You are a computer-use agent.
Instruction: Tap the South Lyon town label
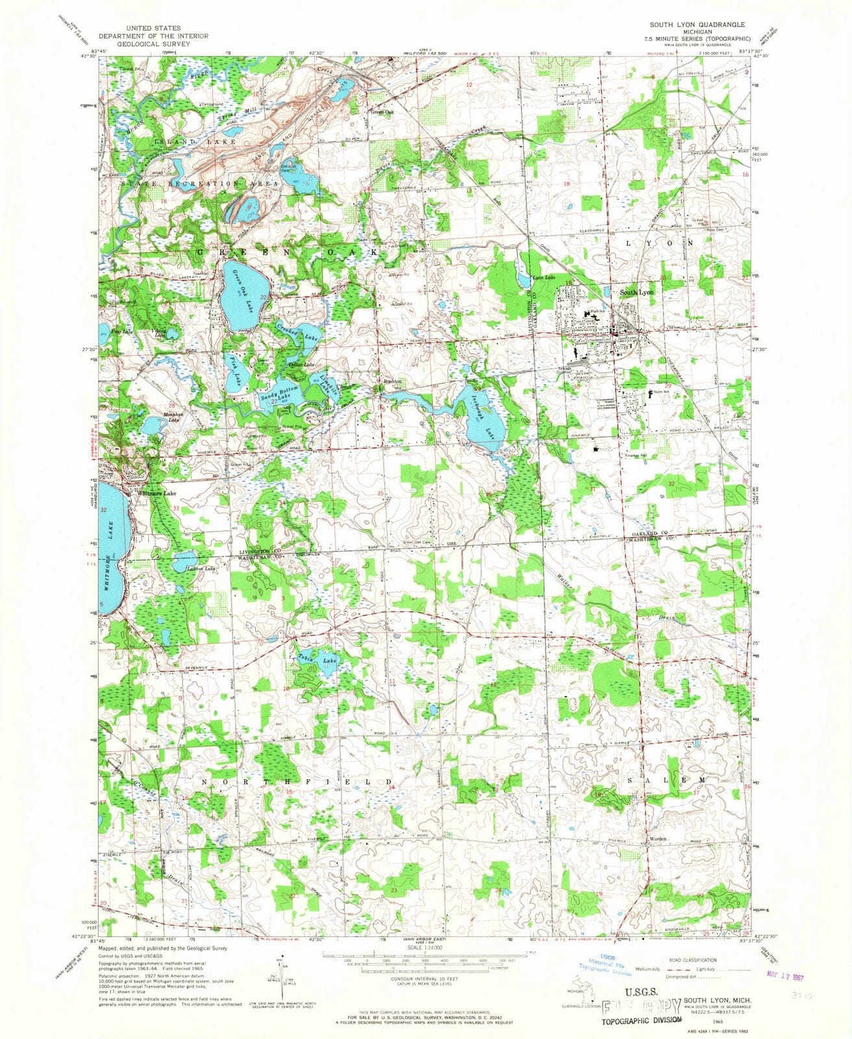tap(636, 293)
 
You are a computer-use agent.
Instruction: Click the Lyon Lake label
tap(544, 278)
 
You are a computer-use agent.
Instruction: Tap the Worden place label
tap(660, 838)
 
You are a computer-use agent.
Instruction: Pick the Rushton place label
tap(393, 381)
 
